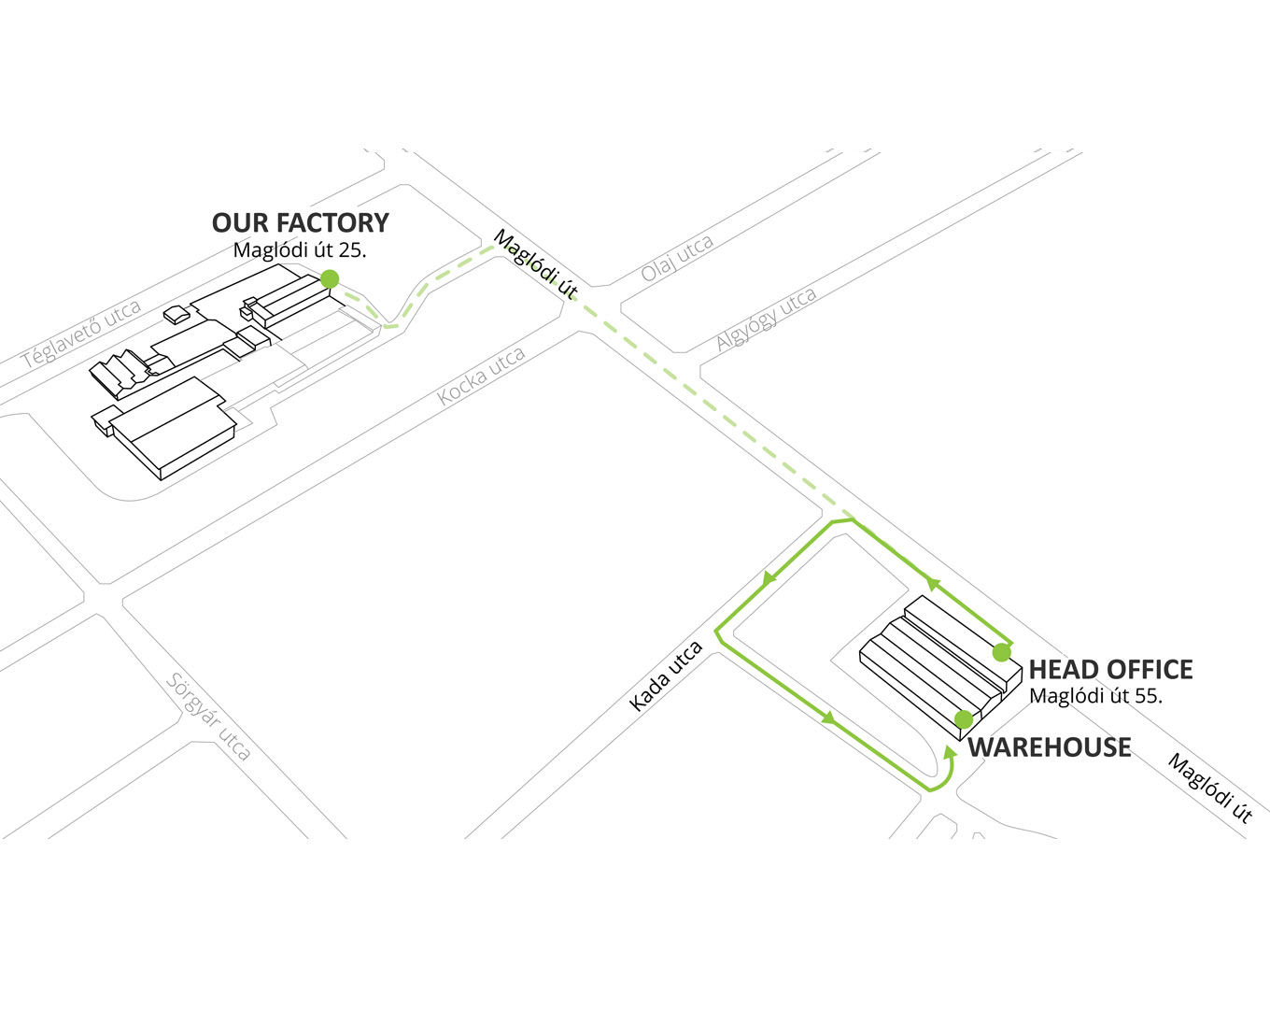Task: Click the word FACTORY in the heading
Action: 332,223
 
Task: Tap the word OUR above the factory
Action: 241,223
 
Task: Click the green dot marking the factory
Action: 330,278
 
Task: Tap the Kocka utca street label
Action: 481,377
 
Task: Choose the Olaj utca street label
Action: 678,259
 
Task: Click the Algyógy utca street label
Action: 766,319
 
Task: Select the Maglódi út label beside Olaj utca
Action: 536,263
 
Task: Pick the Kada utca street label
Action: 666,676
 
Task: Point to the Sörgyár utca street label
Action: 208,717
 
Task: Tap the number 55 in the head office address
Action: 1148,696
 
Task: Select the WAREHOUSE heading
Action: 1050,747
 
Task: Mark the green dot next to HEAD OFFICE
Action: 1001,652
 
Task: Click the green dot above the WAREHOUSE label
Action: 964,719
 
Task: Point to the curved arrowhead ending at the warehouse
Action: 950,752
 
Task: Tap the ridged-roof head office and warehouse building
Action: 940,667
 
